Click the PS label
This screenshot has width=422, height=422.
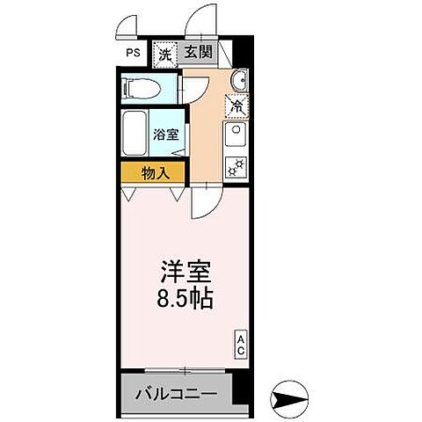pyautogui.click(x=132, y=52)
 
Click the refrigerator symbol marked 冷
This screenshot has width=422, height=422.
pyautogui.click(x=236, y=105)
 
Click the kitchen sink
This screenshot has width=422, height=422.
pyautogui.click(x=236, y=135)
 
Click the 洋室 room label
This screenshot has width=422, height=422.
pyautogui.click(x=186, y=269)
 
